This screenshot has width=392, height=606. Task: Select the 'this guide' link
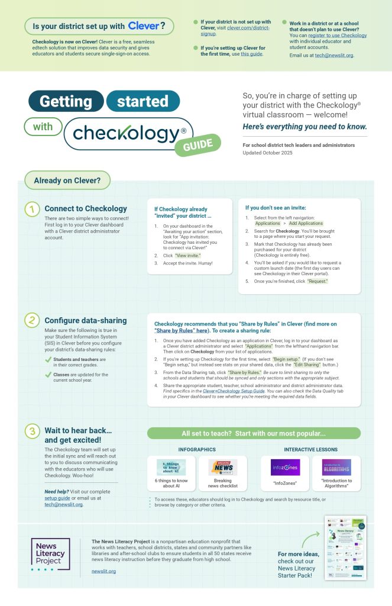tap(252, 54)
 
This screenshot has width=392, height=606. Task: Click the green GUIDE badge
tap(197, 146)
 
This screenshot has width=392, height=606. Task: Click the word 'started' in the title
tap(142, 101)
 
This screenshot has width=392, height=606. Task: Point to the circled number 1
tap(32, 209)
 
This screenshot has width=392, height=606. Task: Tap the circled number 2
tap(32, 320)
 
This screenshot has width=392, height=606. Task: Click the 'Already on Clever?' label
tap(67, 180)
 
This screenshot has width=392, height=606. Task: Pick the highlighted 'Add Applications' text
tap(306, 224)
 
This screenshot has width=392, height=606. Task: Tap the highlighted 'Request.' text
tap(318, 281)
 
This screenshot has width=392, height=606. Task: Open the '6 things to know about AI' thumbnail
tap(171, 468)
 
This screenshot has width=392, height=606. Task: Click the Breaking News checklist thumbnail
tap(222, 468)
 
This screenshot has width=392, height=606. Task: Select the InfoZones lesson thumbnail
tap(285, 467)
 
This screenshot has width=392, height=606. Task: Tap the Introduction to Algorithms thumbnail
tap(336, 467)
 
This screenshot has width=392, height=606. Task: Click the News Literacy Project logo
tap(50, 555)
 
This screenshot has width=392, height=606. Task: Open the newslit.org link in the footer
tap(103, 571)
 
